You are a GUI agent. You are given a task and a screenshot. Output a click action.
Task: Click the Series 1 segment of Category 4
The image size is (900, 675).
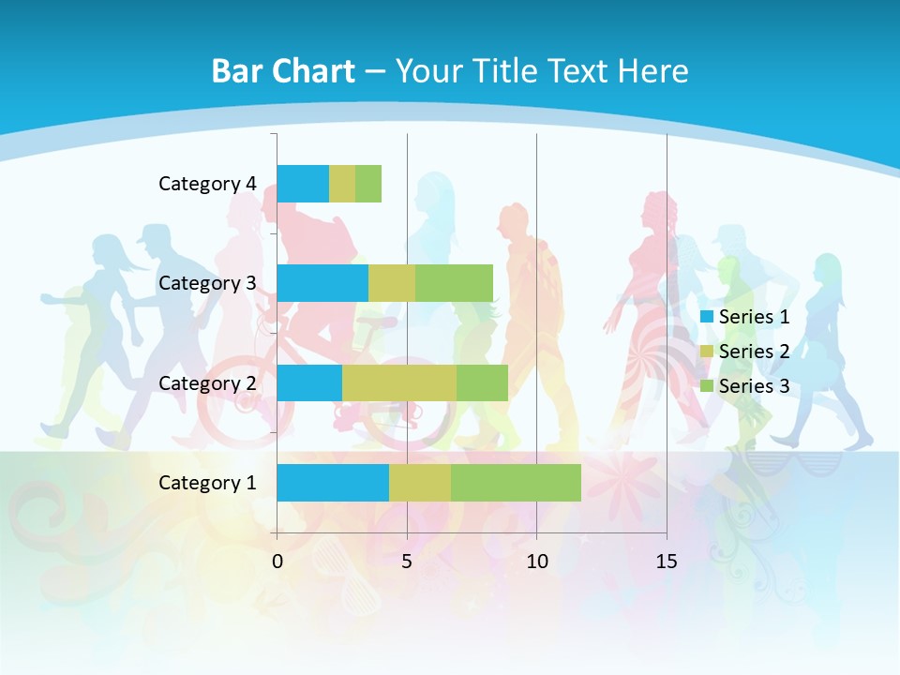303,184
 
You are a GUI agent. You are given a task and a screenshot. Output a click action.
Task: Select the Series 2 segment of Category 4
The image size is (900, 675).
342,184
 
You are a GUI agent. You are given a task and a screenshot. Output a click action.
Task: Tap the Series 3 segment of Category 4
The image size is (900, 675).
368,184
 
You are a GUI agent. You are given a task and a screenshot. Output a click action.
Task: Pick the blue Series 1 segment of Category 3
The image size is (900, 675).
322,283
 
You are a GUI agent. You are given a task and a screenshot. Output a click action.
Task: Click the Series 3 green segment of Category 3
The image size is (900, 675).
454,283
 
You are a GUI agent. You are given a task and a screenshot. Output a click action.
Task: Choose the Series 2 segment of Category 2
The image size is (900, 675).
399,382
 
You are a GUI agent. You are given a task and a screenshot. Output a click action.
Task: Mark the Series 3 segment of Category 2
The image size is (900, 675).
482,382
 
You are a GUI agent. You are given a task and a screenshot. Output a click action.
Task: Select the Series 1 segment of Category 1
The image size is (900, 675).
333,483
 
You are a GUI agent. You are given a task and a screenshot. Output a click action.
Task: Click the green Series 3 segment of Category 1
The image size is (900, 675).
516,483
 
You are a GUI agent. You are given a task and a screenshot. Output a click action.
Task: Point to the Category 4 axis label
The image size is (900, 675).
207,184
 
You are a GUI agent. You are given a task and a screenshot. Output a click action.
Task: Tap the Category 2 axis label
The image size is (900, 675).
207,383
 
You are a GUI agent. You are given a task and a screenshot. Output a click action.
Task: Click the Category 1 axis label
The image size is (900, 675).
207,483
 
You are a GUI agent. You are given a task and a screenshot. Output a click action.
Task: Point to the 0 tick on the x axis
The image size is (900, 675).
277,562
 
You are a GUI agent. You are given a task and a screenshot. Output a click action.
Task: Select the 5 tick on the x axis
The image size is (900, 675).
407,562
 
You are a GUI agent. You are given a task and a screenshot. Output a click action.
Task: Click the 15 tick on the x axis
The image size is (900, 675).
667,562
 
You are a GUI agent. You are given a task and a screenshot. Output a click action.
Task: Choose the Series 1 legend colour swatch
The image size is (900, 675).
707,317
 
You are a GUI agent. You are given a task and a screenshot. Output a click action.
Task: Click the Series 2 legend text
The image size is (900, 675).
754,352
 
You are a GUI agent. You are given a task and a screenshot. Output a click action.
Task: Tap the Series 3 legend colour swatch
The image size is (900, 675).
707,386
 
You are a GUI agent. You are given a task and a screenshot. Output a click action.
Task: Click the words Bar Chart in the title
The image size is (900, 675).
283,71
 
